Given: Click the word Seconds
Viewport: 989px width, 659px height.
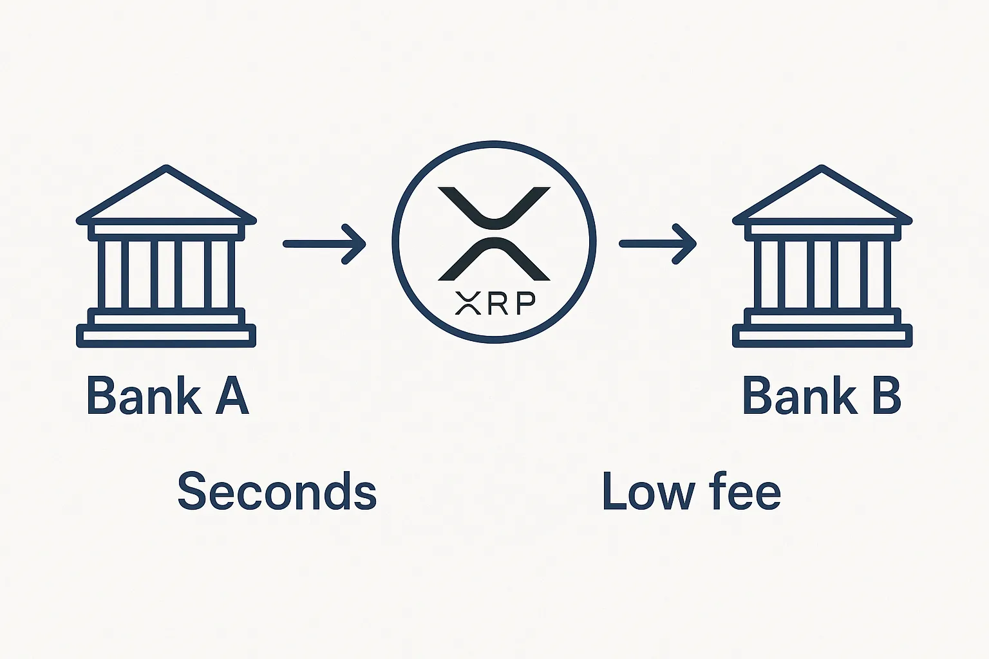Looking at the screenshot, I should point(277,492).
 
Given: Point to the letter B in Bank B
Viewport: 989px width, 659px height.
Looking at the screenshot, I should point(886,395).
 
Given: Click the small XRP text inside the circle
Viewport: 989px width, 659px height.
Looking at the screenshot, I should point(494,303).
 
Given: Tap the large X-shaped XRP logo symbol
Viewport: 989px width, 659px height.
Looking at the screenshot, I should point(494,234).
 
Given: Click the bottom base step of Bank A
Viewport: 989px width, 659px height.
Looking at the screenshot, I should point(166,336).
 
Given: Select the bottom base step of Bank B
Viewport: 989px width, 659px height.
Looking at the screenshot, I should point(822,336).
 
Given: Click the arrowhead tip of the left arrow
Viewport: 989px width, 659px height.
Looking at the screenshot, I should point(363,244).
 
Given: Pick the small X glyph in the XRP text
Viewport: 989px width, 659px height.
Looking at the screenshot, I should point(468,303).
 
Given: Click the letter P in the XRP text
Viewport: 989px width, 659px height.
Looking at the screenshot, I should point(525,303).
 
